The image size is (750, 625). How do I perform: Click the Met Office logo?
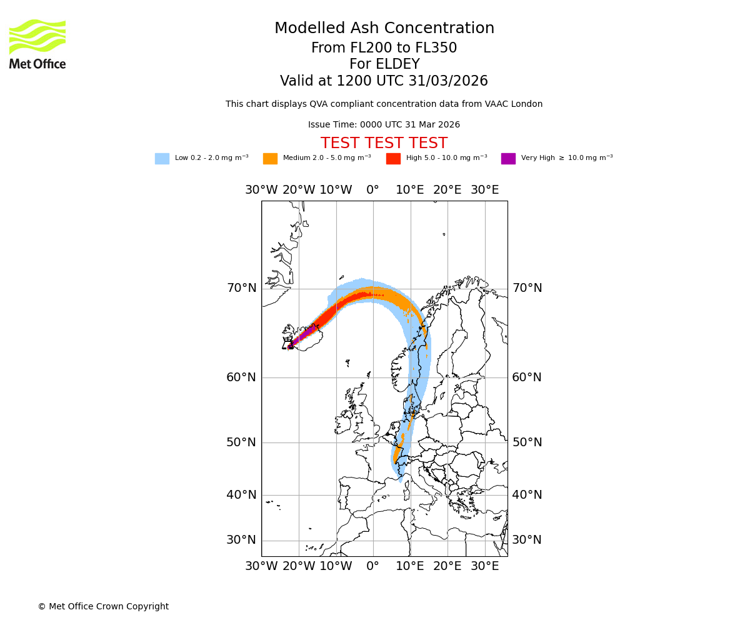click(x=37, y=44)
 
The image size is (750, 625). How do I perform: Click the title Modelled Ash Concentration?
click(x=384, y=29)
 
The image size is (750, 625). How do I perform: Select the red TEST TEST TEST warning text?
click(x=384, y=144)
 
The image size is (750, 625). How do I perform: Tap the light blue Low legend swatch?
click(x=162, y=159)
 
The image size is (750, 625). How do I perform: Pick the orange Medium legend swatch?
click(x=270, y=159)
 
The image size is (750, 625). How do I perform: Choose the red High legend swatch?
click(x=393, y=159)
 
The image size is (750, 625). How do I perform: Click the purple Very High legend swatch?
click(x=508, y=159)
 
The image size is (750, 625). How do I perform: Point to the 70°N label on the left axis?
click(x=241, y=288)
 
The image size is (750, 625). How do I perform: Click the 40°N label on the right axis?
click(x=527, y=495)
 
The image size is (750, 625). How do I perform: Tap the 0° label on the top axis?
click(x=373, y=190)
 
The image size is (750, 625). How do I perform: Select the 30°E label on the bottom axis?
click(x=485, y=566)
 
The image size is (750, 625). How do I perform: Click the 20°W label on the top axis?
click(x=299, y=190)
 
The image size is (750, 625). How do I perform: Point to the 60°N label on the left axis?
click(x=241, y=377)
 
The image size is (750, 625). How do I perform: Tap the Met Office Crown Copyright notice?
click(x=103, y=607)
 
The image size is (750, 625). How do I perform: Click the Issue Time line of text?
click(x=384, y=125)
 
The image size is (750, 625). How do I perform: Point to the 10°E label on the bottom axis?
click(x=410, y=566)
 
